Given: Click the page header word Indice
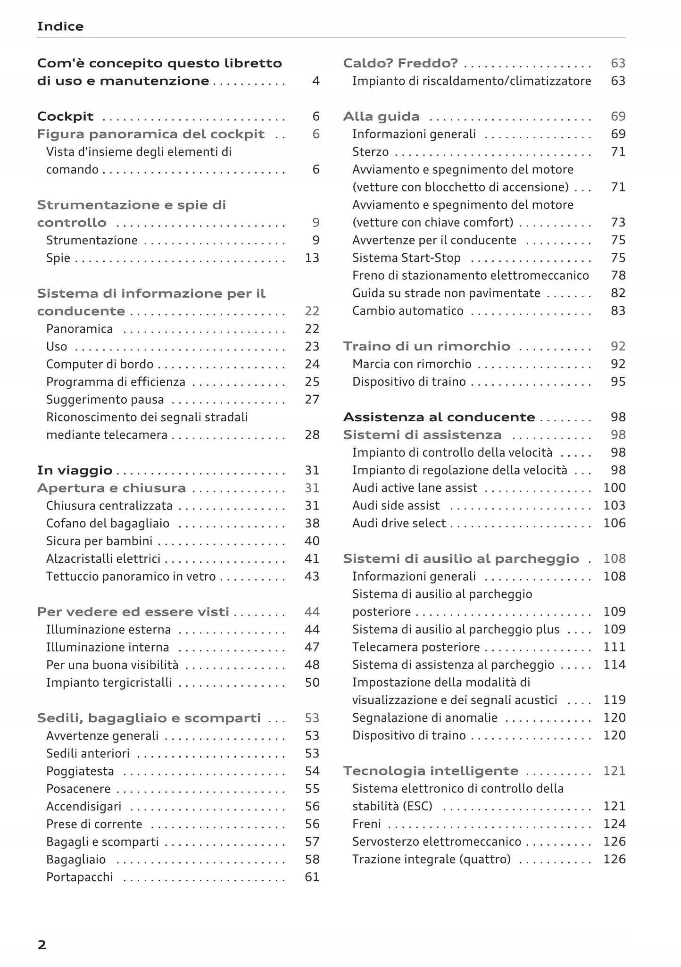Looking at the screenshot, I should [60, 26].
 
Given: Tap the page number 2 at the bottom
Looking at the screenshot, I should [42, 945].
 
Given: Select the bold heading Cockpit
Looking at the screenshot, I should [65, 117].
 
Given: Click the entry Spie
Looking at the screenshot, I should [58, 258].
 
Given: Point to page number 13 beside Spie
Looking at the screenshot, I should [312, 258].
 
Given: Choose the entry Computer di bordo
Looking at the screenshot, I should [100, 364].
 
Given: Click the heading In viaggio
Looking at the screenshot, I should [75, 470].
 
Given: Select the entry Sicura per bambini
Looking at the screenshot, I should [99, 541].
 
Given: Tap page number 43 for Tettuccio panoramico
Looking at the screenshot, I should [312, 576].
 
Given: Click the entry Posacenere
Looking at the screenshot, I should [78, 789].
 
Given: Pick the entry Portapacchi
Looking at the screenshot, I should [80, 877].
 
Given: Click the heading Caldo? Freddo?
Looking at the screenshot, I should [400, 63].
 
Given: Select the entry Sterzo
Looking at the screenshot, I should [370, 152].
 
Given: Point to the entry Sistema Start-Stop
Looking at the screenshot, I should [406, 258].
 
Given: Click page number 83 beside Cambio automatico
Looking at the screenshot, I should [618, 311].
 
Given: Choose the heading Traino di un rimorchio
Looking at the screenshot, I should [426, 346].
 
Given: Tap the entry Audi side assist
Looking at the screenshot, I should [396, 506].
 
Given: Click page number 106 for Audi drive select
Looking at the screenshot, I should [614, 523].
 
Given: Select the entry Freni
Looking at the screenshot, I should [366, 824].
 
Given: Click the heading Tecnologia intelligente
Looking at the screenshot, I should [431, 771].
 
